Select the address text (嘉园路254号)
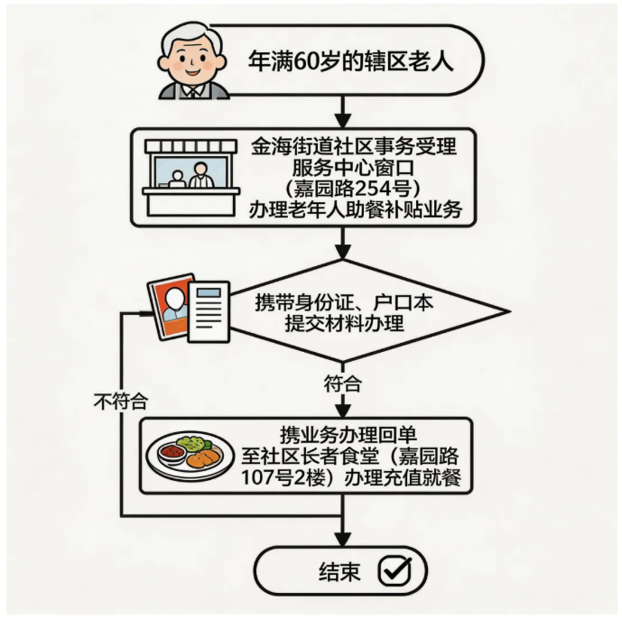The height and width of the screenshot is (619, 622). (x=357, y=189)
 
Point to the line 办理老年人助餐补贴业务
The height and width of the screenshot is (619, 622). (x=357, y=210)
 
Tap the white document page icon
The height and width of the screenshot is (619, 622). (x=207, y=312)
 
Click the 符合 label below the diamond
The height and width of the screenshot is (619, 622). (x=342, y=383)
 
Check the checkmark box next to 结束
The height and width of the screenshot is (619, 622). (x=393, y=570)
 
